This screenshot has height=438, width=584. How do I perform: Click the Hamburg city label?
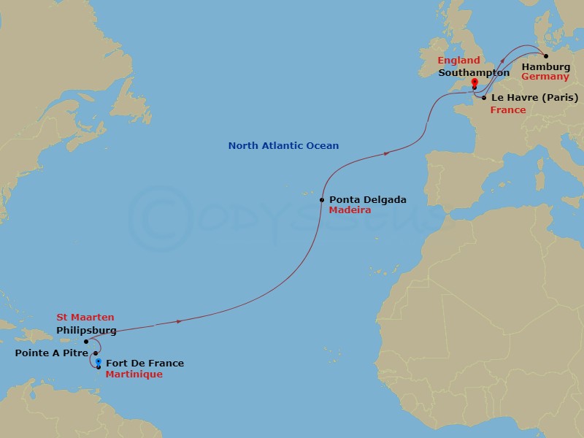[x=546, y=67]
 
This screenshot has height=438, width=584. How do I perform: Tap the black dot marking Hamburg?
[x=546, y=55]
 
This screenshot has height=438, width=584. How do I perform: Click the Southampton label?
[x=474, y=73]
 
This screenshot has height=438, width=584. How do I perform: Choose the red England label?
[x=458, y=61]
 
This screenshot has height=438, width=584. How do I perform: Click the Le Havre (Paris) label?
[x=535, y=97]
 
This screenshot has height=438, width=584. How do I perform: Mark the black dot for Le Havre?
[x=484, y=97]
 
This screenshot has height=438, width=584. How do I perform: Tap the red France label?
[x=508, y=110]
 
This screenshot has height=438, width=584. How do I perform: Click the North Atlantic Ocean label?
[x=283, y=146]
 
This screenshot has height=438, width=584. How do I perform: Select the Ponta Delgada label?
[x=368, y=199]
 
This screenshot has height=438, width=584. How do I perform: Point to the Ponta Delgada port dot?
[x=322, y=199]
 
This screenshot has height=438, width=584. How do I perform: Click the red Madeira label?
[x=350, y=210]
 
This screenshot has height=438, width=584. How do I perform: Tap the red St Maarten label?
[x=85, y=318]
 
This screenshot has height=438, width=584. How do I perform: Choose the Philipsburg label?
[x=86, y=330]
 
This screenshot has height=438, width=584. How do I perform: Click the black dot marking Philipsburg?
[x=86, y=341]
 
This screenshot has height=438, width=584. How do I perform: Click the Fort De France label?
[x=145, y=364]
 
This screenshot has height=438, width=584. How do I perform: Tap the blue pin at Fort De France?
[x=98, y=362]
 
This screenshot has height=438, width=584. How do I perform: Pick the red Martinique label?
[x=134, y=374]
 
